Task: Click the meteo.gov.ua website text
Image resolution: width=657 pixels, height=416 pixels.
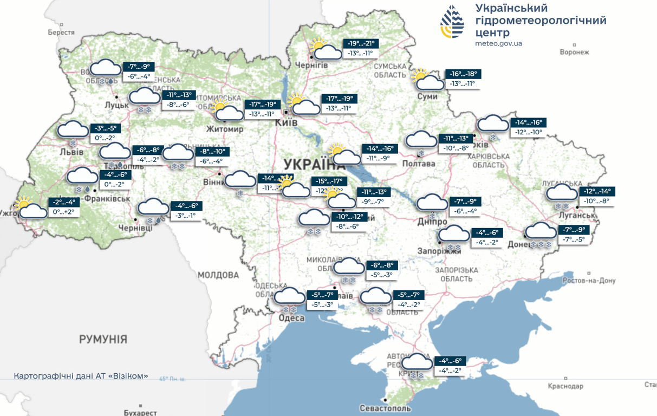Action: click(498, 43)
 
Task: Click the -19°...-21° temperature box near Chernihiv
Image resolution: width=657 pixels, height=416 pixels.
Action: click(361, 44)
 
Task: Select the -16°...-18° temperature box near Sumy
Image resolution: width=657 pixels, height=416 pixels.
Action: click(463, 74)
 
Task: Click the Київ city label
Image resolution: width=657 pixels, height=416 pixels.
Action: click(286, 123)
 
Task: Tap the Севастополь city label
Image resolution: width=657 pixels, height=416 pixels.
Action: click(385, 408)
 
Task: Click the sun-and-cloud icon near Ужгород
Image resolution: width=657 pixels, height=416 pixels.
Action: click(30, 209)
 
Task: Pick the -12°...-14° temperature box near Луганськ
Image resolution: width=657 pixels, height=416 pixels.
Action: click(597, 191)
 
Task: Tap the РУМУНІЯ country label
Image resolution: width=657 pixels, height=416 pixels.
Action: click(103, 340)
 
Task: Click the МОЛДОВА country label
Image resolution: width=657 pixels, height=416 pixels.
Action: click(218, 275)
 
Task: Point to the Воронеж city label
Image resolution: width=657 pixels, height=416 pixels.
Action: click(574, 52)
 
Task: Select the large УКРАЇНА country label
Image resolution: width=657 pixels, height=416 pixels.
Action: click(315, 164)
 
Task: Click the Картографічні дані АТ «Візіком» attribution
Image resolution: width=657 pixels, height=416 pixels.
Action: click(81, 376)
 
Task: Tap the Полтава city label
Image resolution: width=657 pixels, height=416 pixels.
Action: click(419, 164)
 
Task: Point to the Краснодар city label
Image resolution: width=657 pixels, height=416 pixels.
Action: click(565, 386)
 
